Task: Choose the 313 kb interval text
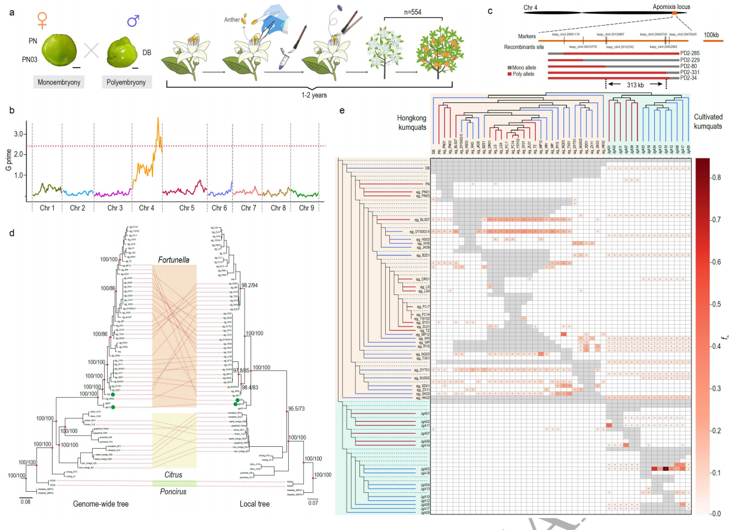(x=635, y=86)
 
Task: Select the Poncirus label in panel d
(x=174, y=492)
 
